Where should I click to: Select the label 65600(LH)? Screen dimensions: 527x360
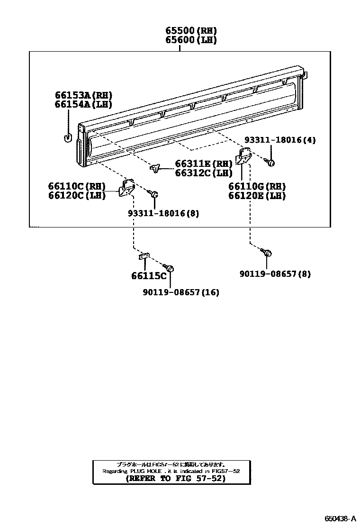tap(191, 40)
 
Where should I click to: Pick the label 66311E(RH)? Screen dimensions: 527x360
tap(204, 164)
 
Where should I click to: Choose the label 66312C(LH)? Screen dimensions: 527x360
tap(204, 173)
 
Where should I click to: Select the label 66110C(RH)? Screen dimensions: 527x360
tap(77, 186)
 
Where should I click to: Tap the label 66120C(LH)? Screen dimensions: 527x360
tap(77, 195)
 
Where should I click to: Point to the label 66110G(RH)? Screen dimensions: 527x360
tap(257, 187)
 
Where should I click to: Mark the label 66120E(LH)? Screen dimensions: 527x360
tap(257, 196)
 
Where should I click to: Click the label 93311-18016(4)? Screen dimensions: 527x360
tap(279, 140)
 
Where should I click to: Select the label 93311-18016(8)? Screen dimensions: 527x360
tap(163, 213)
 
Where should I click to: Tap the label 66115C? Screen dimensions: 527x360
tap(149, 276)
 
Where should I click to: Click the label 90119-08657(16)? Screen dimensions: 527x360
tap(180, 292)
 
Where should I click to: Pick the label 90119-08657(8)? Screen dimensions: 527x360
tap(275, 274)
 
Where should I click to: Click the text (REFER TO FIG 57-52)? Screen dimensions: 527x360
tap(171, 479)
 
